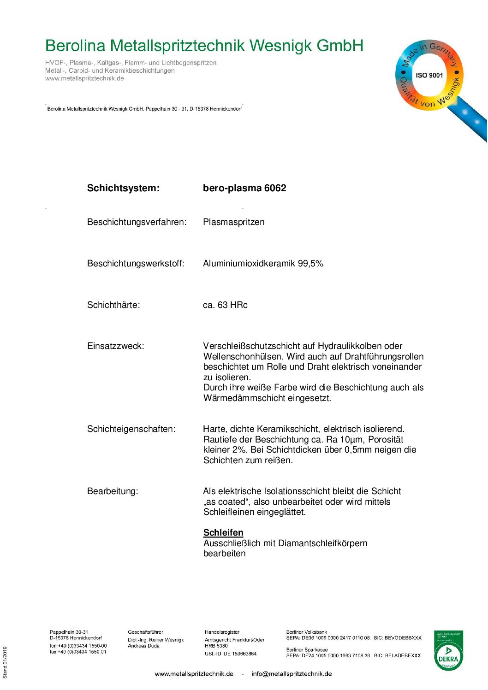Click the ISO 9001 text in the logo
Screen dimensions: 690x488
pos(429,75)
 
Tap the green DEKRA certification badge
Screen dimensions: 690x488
pos(448,651)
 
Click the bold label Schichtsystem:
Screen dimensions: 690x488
pos(123,188)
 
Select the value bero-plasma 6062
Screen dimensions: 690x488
pos(244,188)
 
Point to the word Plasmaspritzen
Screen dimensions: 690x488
pos(234,222)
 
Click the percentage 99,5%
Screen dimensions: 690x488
pos(310,264)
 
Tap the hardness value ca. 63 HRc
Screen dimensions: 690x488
pos(225,305)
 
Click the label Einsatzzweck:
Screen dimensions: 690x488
pos(115,346)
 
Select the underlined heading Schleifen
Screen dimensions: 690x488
pos(223,533)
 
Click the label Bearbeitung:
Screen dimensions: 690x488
pos(113,491)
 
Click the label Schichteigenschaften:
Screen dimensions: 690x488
pos(131,429)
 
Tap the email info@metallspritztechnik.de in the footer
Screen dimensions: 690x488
pos(292,674)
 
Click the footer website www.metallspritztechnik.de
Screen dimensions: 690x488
pos(194,674)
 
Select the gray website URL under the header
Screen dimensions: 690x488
pos(84,78)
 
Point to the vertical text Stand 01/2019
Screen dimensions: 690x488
pos(5,662)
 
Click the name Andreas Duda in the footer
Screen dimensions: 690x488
pos(143,646)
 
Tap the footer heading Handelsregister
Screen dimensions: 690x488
pos(222,632)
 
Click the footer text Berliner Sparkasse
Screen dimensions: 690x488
pos(307,649)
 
